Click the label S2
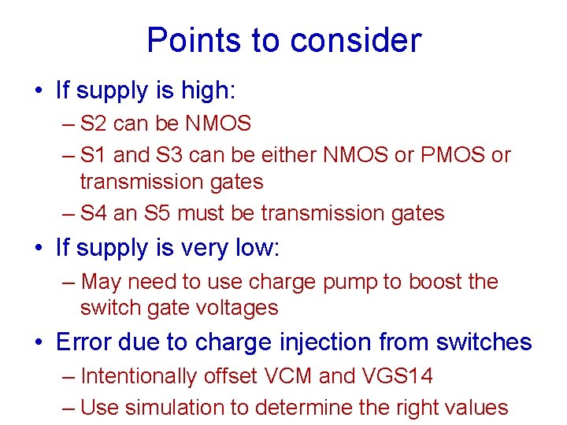(x=94, y=124)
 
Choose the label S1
(x=94, y=156)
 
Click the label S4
(x=94, y=213)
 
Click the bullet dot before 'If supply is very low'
(x=39, y=249)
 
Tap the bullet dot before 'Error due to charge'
(x=39, y=343)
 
